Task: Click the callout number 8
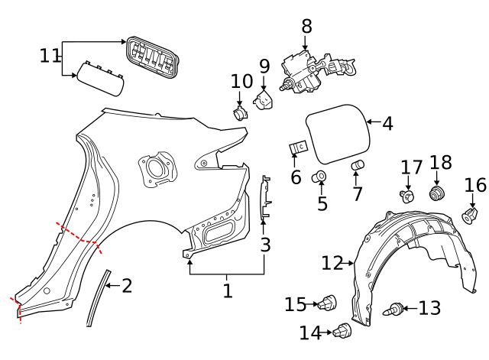(306, 26)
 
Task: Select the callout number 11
(50, 56)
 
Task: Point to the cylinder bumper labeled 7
(357, 166)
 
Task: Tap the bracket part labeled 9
(265, 100)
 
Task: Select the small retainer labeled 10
(240, 114)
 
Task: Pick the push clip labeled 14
(342, 332)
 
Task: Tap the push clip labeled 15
(329, 303)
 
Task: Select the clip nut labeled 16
(471, 215)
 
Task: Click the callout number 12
(332, 264)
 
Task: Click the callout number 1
(227, 290)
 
